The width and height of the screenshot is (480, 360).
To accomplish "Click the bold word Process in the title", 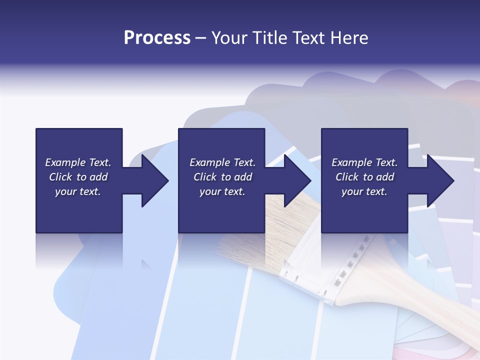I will pyautogui.click(x=157, y=38).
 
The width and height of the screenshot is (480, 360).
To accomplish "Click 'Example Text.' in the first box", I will pyautogui.click(x=78, y=162).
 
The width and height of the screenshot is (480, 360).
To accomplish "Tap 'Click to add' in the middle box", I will pyautogui.click(x=222, y=177).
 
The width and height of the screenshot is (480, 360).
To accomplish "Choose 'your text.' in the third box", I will pyautogui.click(x=364, y=191).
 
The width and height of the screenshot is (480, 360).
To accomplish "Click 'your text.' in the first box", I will pyautogui.click(x=78, y=191).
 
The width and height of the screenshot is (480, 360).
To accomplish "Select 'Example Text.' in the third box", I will pyautogui.click(x=364, y=162).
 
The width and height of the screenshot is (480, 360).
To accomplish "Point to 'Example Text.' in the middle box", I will pyautogui.click(x=222, y=162).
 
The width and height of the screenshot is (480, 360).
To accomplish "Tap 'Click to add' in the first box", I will pyautogui.click(x=78, y=177).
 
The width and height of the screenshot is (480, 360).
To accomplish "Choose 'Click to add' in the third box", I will pyautogui.click(x=364, y=177).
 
